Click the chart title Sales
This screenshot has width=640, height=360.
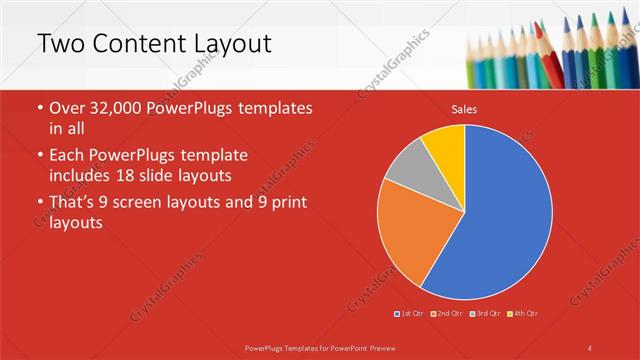464,109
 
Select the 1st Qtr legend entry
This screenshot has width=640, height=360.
409,314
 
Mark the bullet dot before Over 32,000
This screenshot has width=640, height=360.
39,109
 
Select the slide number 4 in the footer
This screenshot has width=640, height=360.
590,347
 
